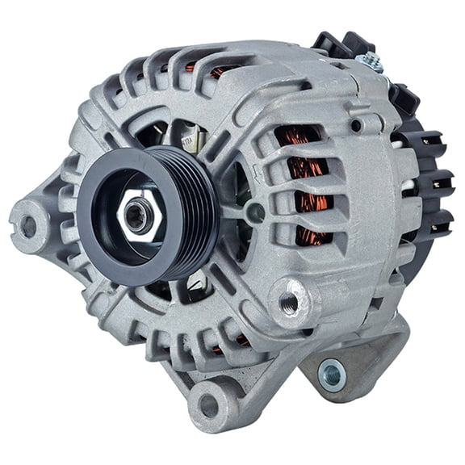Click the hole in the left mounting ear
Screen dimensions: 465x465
point(29,225)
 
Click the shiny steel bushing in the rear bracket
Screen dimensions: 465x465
point(330,374)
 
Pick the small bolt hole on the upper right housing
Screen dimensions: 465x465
point(356,125)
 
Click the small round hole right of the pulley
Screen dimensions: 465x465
point(255,212)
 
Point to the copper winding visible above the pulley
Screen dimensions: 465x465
point(219,73)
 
